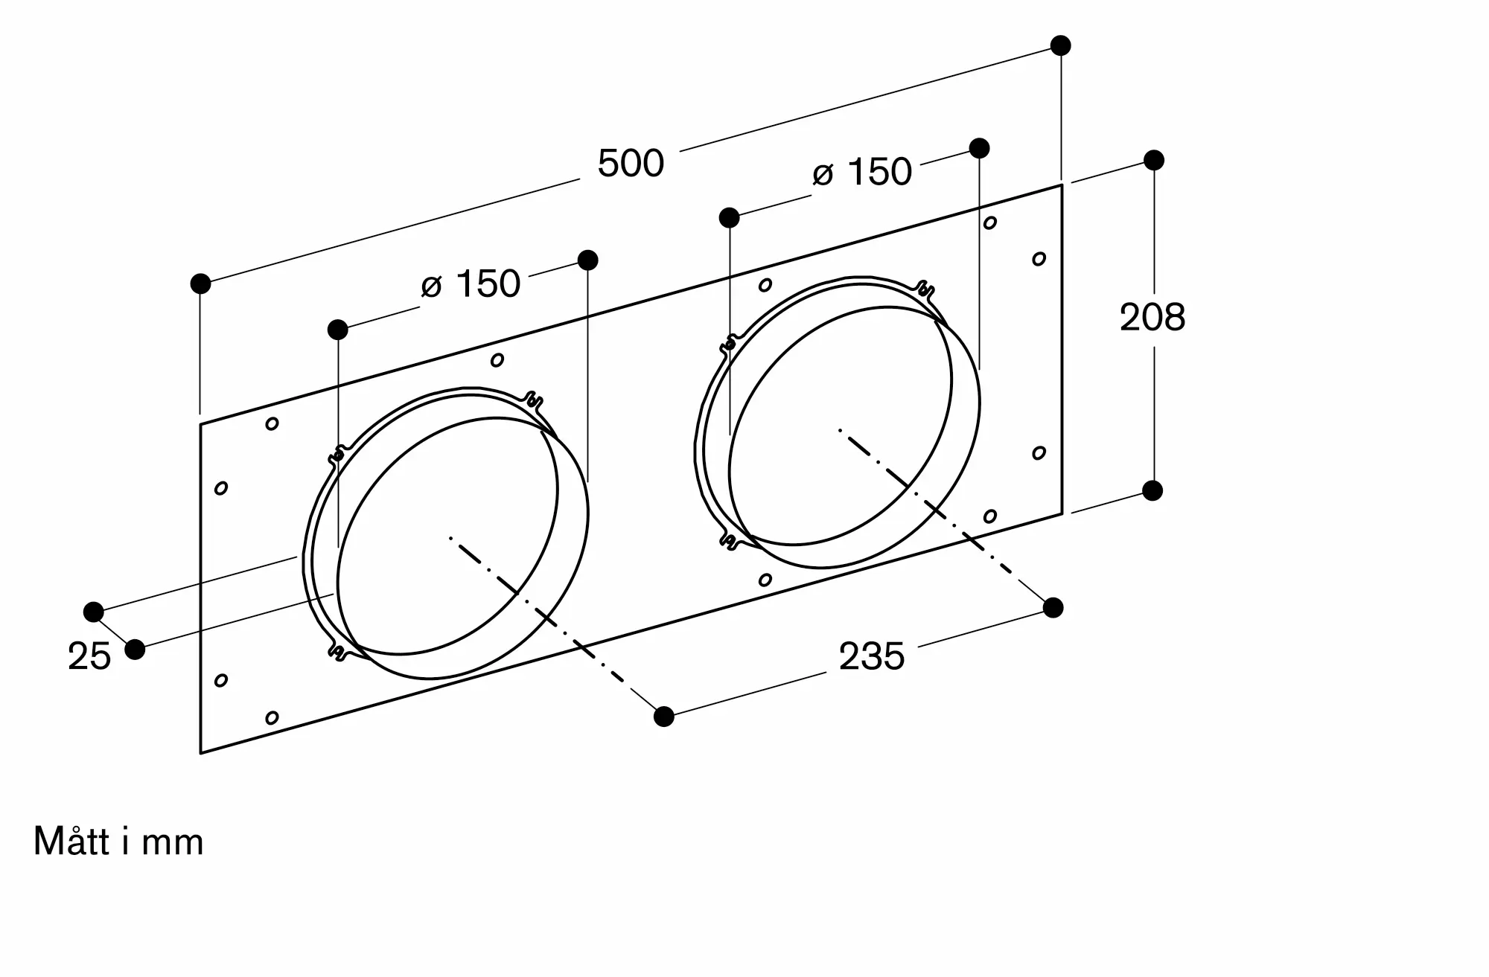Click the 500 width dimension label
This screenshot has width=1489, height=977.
click(x=631, y=164)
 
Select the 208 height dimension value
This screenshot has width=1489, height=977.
click(x=1152, y=318)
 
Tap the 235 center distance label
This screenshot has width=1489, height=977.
click(x=872, y=657)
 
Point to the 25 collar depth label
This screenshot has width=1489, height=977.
click(x=89, y=657)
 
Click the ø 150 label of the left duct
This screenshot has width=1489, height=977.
click(x=471, y=284)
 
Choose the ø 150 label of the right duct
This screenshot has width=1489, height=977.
click(x=862, y=173)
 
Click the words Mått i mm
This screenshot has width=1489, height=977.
click(x=118, y=842)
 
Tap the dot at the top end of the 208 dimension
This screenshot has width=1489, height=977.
click(x=1153, y=160)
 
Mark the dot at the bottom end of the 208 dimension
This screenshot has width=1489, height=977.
click(x=1152, y=490)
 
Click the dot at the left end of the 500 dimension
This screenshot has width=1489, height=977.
click(x=200, y=284)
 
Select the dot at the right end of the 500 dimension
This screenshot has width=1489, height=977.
click(x=1061, y=45)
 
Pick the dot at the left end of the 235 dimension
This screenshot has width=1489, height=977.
click(x=664, y=717)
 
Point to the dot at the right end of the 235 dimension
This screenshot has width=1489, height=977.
click(x=1053, y=608)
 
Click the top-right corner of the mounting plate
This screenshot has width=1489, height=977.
click(x=1062, y=185)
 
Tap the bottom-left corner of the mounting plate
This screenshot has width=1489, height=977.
click(x=200, y=753)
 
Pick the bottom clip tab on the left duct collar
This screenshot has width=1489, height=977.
click(x=338, y=652)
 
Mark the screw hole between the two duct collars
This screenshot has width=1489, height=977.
click(x=497, y=360)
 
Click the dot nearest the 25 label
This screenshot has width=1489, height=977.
click(x=135, y=650)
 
